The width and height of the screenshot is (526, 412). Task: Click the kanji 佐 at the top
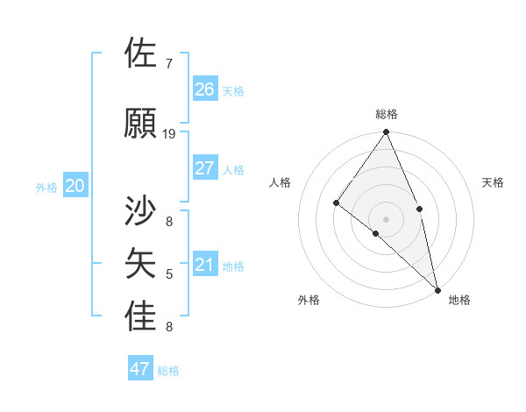tap(141, 53)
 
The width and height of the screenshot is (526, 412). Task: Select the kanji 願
tap(141, 124)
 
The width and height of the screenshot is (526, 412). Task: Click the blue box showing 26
tap(204, 89)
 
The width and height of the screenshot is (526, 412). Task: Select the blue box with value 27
tap(204, 168)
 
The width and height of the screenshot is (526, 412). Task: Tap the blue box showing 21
tap(204, 265)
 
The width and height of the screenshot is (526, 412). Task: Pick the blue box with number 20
tap(75, 186)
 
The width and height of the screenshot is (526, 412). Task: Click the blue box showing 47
tap(140, 368)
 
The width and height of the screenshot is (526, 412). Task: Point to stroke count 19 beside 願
tap(169, 134)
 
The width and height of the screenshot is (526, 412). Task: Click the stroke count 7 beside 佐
tap(168, 64)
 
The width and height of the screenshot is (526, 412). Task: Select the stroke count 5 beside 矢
tap(168, 274)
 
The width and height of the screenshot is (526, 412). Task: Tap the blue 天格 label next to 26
tap(233, 90)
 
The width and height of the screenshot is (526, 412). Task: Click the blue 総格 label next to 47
tap(168, 371)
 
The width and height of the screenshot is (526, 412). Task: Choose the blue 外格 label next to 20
tap(46, 188)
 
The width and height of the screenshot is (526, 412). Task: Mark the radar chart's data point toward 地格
tap(437, 288)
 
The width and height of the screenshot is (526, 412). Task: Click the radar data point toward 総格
tap(386, 132)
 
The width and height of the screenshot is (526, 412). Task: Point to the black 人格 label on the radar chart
tap(281, 182)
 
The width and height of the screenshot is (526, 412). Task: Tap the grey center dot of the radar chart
tap(386, 217)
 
